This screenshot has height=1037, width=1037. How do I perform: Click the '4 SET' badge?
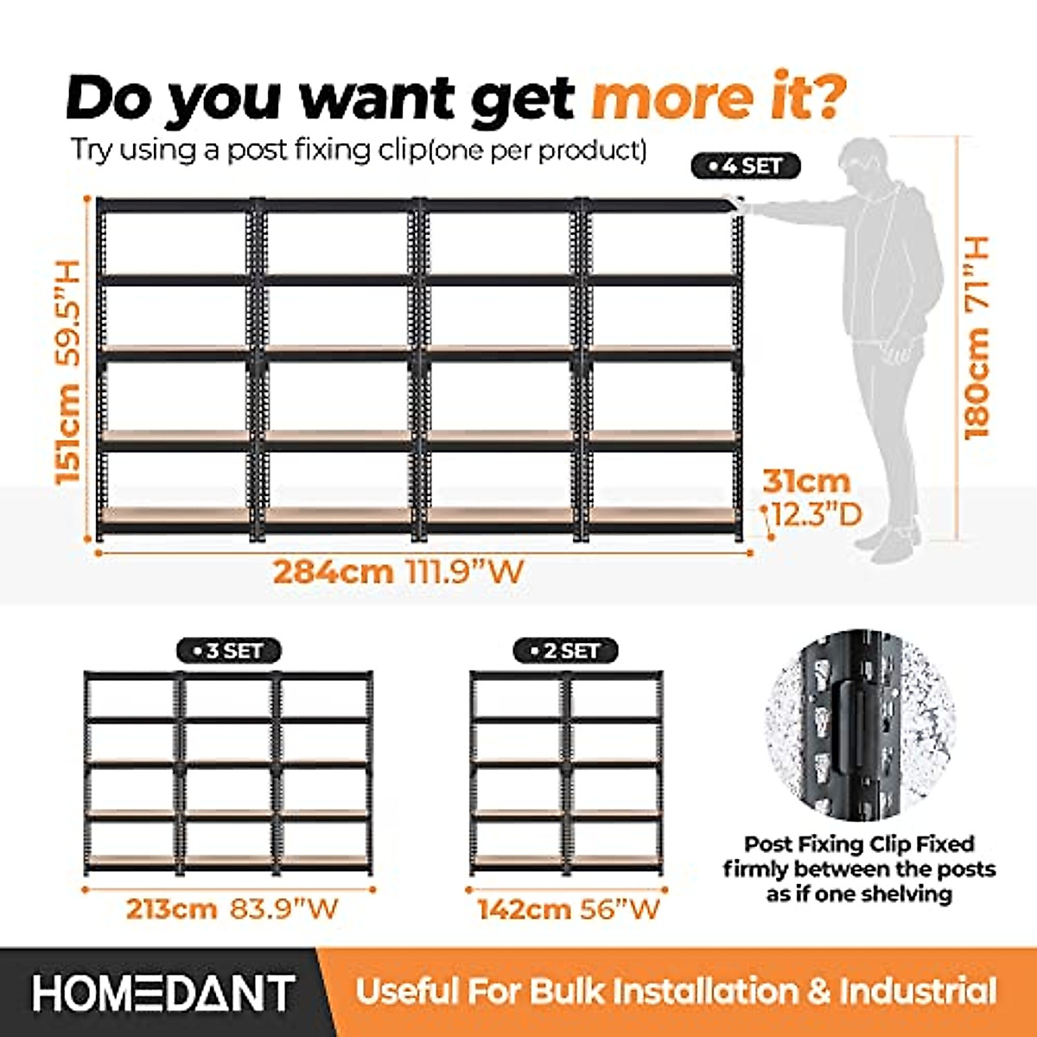pos(746,166)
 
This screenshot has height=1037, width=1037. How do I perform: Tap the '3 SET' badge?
pos(228,651)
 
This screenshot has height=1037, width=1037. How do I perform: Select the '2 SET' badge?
pos(565,651)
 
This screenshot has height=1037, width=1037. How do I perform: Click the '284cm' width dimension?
pos(333,572)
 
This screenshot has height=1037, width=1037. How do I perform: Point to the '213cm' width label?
pos(171,909)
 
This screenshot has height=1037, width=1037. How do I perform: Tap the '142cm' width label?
pos(524,909)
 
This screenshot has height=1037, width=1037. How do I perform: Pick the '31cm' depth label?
pos(805,481)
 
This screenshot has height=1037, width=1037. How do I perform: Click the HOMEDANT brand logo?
pos(164,993)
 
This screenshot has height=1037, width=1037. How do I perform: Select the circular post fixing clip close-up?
pos(859,724)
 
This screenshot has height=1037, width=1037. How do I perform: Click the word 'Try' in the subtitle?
pos(91,150)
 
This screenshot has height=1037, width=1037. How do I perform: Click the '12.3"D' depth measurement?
pos(816,516)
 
